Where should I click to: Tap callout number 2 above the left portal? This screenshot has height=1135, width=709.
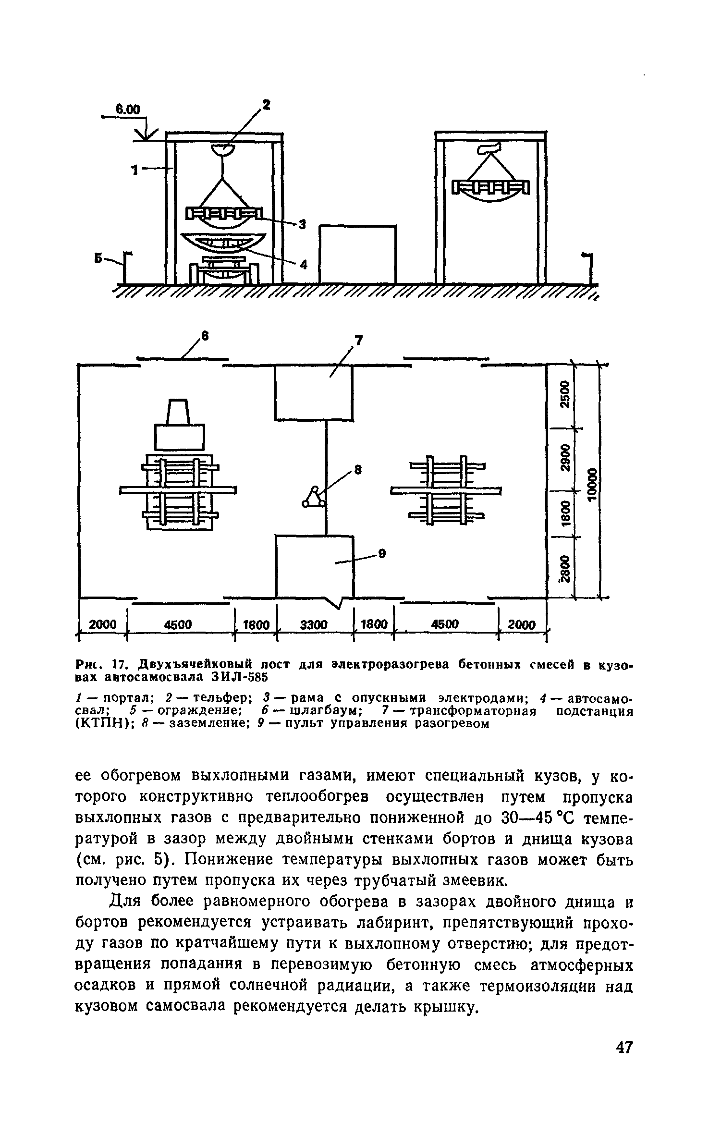coord(266,105)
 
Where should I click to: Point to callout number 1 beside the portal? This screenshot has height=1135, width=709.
coord(135,170)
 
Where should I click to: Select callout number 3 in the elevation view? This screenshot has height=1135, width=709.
coord(302,224)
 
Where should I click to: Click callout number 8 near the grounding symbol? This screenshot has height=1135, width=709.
coord(357,470)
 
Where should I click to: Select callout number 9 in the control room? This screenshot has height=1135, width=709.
coord(382,554)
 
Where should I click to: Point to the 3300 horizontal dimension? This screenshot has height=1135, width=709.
coord(314,625)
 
